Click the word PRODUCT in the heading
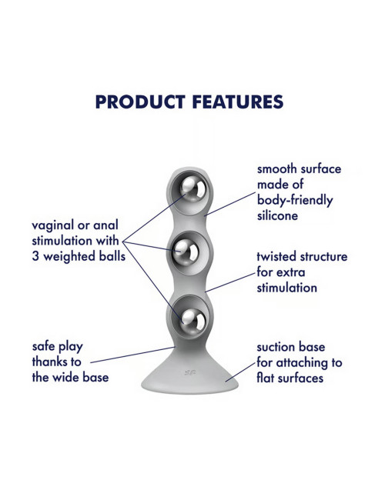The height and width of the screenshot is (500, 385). point(140,102)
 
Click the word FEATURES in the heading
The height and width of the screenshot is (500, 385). point(238,102)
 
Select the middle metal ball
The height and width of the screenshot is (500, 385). point(186,252)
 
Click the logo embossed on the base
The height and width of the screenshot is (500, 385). point(190,372)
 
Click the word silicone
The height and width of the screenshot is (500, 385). point(277,215)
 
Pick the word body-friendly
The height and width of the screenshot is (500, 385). point(295,201)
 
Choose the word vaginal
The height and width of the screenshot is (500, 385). point(52,225)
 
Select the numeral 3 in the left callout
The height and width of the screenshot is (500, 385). point(35,257)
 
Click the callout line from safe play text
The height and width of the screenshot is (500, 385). point(132,355)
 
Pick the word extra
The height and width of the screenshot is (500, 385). point(291,272)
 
